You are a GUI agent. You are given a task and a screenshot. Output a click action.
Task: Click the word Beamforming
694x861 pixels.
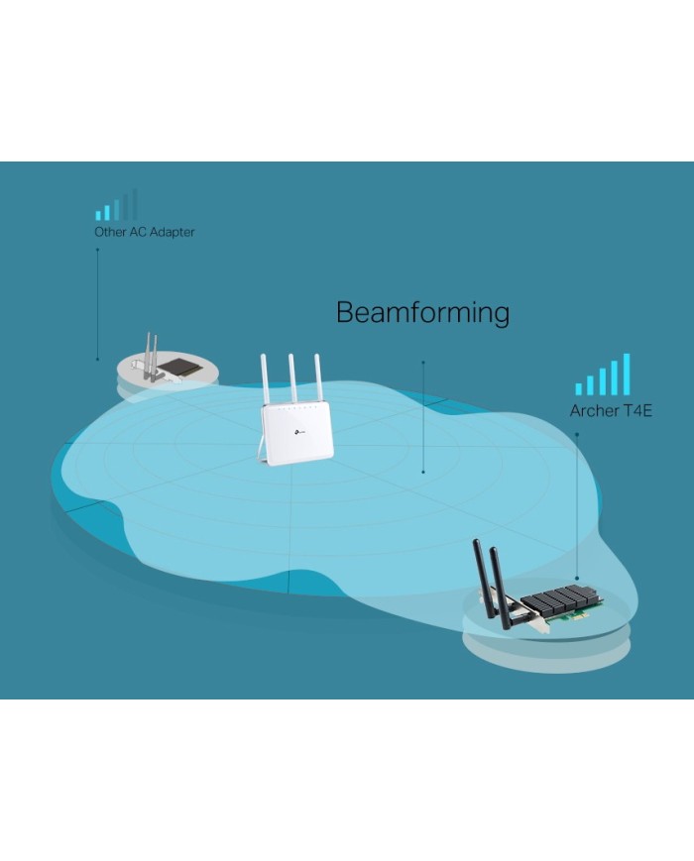(x=422, y=313)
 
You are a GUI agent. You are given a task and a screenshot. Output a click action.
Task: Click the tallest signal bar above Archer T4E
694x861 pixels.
(x=626, y=375)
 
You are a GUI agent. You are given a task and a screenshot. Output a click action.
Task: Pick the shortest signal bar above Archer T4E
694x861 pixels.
(x=579, y=388)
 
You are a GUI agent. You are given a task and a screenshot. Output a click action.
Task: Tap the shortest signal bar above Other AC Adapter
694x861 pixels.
(x=98, y=214)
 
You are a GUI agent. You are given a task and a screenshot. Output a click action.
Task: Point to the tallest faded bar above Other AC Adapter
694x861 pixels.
(x=134, y=204)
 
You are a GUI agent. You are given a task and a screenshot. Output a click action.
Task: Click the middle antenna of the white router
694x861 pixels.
(x=292, y=378)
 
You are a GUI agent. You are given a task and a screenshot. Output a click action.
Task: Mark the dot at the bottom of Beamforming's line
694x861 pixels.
(x=423, y=472)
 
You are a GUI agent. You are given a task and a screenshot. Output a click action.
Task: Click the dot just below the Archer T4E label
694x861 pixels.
(x=576, y=433)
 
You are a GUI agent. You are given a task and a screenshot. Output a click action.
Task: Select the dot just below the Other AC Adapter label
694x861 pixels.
(x=97, y=250)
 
